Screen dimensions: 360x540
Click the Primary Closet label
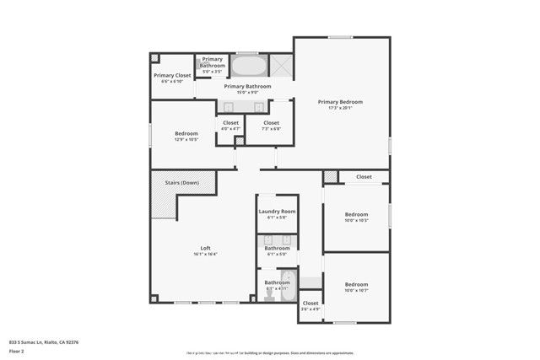coord(172,75)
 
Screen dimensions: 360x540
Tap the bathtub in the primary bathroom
coord(248,67)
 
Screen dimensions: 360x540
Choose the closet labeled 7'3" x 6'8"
coord(271,126)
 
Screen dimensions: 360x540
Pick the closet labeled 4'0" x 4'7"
coord(230,126)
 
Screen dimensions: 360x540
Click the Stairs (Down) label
coord(181,182)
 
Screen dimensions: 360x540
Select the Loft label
coord(205,248)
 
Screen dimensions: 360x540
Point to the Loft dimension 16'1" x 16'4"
coord(205,254)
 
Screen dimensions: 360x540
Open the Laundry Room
coord(277,214)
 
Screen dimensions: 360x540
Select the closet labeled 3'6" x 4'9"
coord(310,305)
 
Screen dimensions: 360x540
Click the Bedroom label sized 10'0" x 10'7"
coord(356,285)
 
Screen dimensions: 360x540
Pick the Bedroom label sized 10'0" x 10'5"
coord(356,214)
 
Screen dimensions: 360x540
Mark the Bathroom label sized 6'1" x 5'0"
coord(277,250)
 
